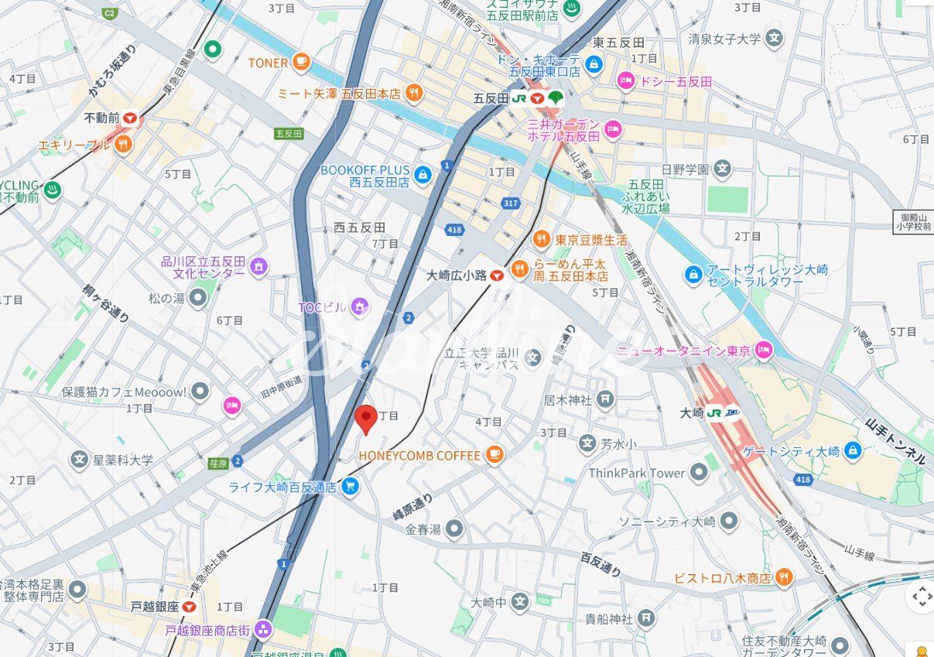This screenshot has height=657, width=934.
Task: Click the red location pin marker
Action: tap(366, 418)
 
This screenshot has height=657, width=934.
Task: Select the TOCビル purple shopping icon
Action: tap(359, 307)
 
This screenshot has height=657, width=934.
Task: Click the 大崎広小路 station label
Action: tap(457, 275)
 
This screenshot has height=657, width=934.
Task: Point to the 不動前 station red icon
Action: tap(130, 118)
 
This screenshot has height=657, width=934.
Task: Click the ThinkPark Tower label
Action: tap(637, 473)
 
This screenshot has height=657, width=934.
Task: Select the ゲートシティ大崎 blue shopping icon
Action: tap(852, 450)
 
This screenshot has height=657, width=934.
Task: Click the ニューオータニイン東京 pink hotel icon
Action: tap(764, 350)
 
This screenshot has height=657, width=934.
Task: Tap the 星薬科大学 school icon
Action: tap(79, 460)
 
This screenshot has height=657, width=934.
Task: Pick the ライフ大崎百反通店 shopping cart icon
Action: tap(350, 487)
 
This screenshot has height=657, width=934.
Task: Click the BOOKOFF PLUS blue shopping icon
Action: tap(422, 175)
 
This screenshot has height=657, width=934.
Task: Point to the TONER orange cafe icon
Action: tap(301, 62)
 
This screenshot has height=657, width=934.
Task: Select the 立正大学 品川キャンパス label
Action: tap(481, 359)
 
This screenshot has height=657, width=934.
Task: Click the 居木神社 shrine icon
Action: tap(605, 399)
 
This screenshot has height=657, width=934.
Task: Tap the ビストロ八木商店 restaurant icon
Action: tap(784, 577)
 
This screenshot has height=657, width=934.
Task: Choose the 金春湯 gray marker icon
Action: tap(454, 529)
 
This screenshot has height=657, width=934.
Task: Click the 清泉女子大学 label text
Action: tap(724, 38)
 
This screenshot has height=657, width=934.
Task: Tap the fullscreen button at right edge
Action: tap(921, 596)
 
